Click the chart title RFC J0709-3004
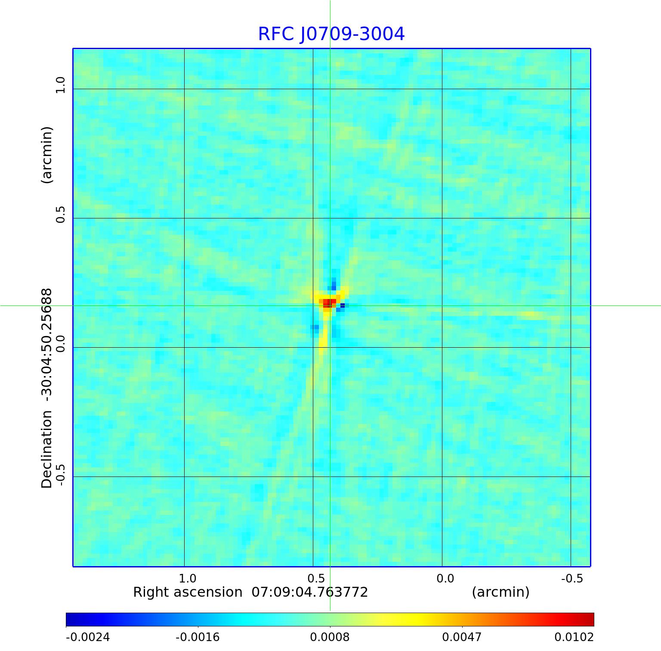click(331, 34)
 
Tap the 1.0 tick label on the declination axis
click(60, 85)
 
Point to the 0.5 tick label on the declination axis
click(60, 215)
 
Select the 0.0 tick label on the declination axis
click(60, 344)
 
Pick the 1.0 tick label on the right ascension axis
click(187, 578)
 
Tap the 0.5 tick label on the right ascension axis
click(316, 578)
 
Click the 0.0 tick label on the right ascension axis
click(445, 578)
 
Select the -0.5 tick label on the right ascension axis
click(572, 578)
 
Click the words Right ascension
click(188, 592)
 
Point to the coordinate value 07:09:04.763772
click(310, 592)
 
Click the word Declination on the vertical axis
click(46, 449)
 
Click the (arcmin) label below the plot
click(500, 592)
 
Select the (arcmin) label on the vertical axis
click(46, 155)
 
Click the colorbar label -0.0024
click(88, 637)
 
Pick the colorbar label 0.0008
click(330, 637)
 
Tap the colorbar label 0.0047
click(462, 637)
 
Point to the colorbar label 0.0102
click(574, 637)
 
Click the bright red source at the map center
click(329, 302)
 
